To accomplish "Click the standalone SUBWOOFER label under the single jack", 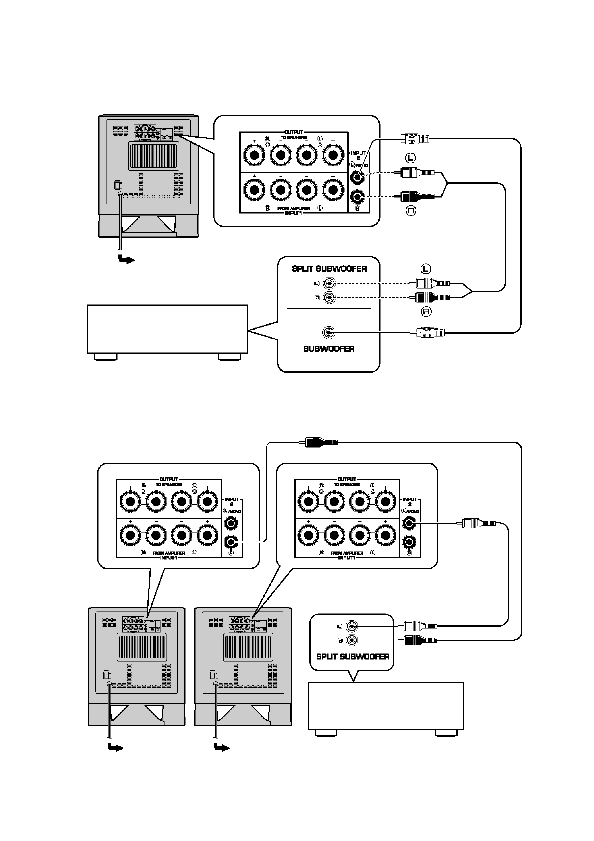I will (328, 349).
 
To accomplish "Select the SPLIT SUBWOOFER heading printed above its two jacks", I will (329, 269).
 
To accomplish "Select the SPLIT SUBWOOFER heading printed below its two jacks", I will (352, 656).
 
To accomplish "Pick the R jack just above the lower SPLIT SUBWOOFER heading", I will (353, 640).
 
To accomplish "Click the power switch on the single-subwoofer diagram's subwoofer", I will (118, 185).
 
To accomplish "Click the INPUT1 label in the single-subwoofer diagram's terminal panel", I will (294, 213).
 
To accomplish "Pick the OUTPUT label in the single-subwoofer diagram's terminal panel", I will (294, 132).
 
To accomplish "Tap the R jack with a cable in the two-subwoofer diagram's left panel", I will (231, 541).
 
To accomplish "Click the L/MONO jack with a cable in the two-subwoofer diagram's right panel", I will (409, 523).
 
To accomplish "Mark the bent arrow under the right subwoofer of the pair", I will (221, 747).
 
